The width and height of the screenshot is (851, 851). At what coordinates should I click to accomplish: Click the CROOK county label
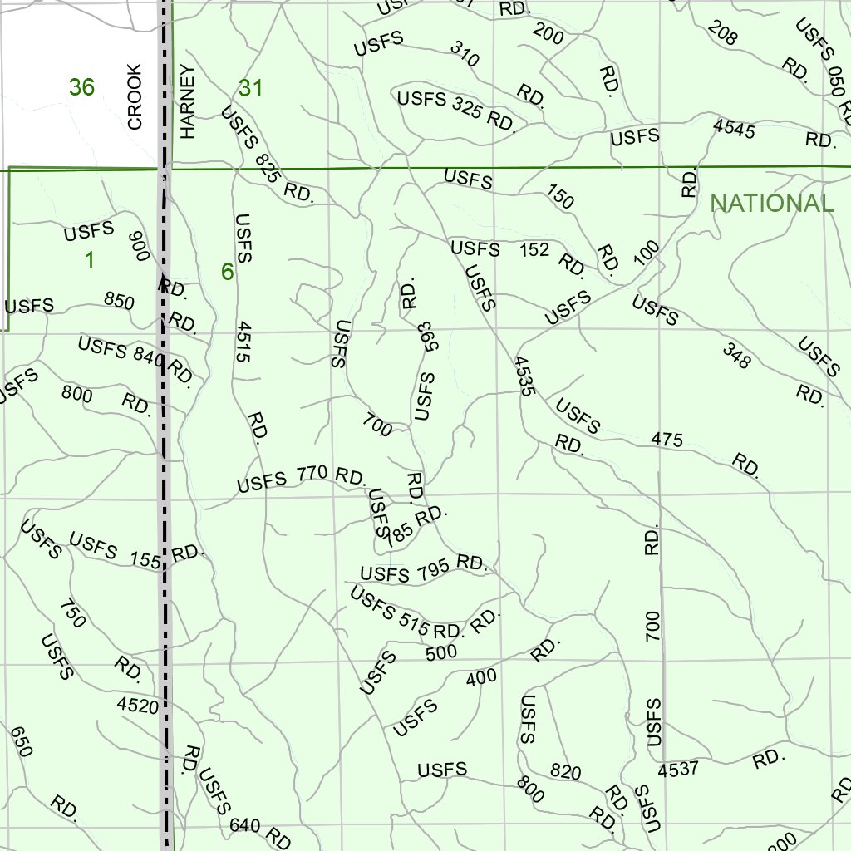pos(135,97)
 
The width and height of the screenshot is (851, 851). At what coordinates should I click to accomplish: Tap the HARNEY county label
pos(187,101)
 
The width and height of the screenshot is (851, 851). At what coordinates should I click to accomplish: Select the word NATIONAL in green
pos(771,204)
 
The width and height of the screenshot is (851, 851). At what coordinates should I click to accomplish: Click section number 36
pos(81,86)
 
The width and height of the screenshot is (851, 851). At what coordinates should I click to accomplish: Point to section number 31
pos(250,88)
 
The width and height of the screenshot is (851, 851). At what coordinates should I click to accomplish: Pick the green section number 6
pos(227,272)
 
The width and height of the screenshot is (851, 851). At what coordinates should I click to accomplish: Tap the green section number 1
pos(89,260)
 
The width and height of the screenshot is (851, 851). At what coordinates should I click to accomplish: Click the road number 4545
pos(734,129)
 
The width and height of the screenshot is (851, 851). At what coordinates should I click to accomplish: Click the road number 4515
pos(243,342)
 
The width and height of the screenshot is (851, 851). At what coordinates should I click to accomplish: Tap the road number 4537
pos(679,770)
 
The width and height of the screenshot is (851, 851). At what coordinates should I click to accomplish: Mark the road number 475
pos(667,439)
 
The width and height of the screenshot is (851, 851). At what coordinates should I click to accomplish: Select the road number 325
pos(470,107)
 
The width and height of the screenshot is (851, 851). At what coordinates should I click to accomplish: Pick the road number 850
pos(119,300)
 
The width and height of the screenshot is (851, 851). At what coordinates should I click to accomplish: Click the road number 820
pos(566,772)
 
